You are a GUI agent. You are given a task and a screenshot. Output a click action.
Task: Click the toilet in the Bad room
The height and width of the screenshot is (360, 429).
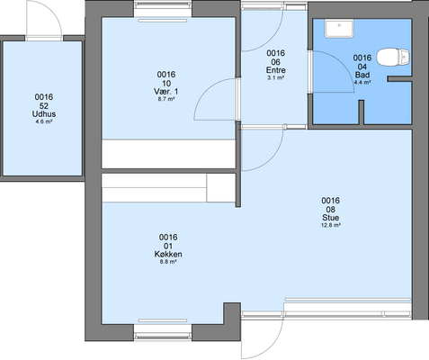click(x=393, y=57)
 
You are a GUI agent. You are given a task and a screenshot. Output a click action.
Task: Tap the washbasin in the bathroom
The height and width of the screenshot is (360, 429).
click(x=339, y=29)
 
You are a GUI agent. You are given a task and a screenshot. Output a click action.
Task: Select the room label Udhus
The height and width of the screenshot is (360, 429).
click(x=44, y=114)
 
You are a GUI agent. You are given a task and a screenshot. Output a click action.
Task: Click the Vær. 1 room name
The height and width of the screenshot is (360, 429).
click(x=166, y=91)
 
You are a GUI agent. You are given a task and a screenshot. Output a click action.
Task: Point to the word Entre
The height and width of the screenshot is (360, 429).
click(x=276, y=70)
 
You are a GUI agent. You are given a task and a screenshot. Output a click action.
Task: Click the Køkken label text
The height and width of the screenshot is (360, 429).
click(x=168, y=254)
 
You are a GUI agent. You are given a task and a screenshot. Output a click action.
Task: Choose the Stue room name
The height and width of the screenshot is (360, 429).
click(x=331, y=218)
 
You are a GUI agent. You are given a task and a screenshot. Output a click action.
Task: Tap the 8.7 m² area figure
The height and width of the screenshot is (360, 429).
click(x=166, y=99)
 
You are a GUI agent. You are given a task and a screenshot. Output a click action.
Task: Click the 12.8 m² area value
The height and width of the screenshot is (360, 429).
click(x=331, y=225)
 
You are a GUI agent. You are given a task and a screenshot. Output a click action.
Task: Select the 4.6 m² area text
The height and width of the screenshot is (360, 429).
click(x=44, y=121)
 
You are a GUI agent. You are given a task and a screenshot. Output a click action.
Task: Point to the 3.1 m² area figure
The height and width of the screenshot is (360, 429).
click(x=276, y=77)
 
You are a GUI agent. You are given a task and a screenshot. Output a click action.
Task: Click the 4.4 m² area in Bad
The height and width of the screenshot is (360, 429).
click(x=362, y=82)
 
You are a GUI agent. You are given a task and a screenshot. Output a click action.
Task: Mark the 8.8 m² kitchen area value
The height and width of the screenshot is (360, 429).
click(x=168, y=262)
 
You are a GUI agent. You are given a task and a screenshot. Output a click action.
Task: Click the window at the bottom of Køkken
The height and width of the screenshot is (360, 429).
click(x=163, y=332)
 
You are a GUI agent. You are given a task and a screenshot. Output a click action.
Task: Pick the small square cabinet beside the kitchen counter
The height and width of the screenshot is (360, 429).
click(x=221, y=188)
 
